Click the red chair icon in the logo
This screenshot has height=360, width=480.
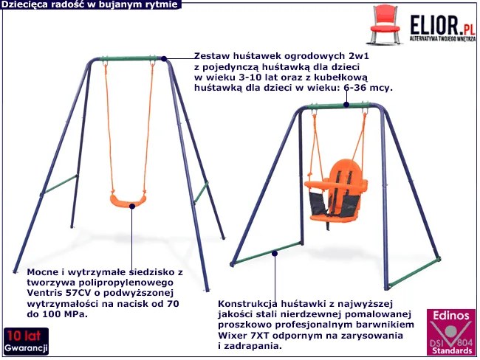[x=385, y=24]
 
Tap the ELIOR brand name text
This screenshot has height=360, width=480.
[x=435, y=26]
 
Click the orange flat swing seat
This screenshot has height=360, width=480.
[x=128, y=201]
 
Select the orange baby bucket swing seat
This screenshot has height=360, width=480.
[x=335, y=191]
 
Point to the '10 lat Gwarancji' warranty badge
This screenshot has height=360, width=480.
[x=26, y=341]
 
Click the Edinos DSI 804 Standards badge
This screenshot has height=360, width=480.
[x=451, y=332]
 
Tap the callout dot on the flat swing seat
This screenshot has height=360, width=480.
[x=132, y=207]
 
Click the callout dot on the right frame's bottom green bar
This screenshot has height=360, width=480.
[x=275, y=253]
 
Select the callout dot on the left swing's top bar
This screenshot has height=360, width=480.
[x=164, y=59]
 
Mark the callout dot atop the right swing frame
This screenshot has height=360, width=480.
[x=346, y=105]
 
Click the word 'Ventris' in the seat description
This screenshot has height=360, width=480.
[x=44, y=293]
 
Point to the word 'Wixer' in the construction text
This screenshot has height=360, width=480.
[x=232, y=336]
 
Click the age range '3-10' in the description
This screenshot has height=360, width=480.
[x=247, y=77]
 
